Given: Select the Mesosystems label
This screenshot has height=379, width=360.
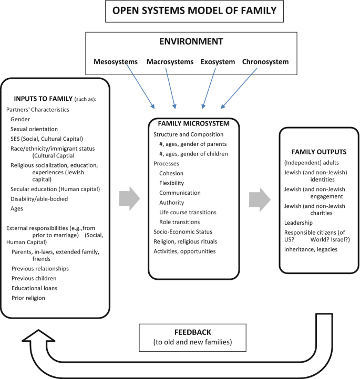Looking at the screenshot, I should pyautogui.click(x=115, y=62).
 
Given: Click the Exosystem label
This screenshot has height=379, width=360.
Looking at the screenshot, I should pyautogui.click(x=217, y=62).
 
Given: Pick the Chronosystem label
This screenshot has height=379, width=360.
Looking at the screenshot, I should pyautogui.click(x=265, y=62).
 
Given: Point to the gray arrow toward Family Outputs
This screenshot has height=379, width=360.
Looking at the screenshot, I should pyautogui.click(x=257, y=198).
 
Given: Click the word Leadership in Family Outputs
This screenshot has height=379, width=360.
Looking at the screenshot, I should pyautogui.click(x=299, y=223).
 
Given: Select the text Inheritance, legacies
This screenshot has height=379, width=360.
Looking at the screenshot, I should pyautogui.click(x=311, y=249).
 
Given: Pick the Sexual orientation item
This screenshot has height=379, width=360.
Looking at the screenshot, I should pyautogui.click(x=34, y=129).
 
